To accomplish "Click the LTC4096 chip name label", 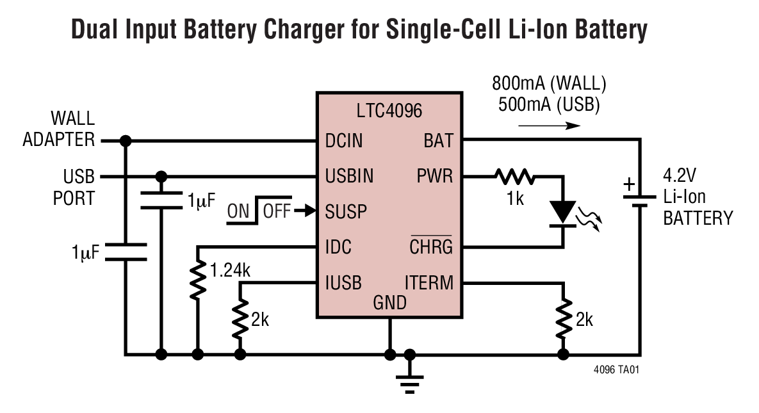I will coord(389,111).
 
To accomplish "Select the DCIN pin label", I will coord(344,141).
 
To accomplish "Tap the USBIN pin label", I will coord(350,176).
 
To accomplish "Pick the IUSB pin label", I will coord(343,282).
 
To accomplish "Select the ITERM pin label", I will coord(428,282).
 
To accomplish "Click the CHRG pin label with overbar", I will coord(431,247).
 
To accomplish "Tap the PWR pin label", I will coord(435,176).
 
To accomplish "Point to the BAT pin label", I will coord(438,141).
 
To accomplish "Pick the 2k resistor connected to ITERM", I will coord(564,319).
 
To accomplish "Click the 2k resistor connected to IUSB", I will coord(240,320).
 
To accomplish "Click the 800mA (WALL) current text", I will coord(548,84).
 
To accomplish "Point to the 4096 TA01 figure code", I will coord(620,370).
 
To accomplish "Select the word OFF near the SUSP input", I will coord(277,211).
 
